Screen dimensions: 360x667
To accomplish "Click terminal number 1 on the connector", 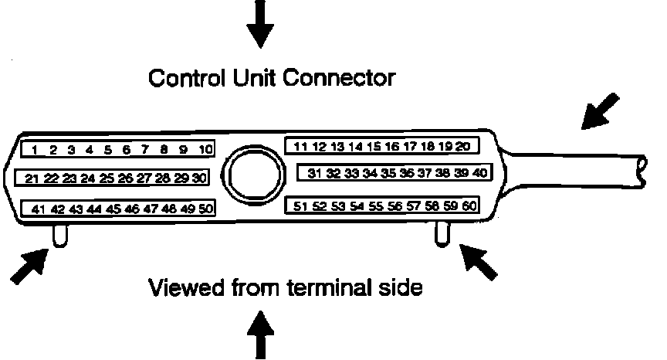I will [36, 149].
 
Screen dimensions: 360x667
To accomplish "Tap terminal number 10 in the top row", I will [204, 149].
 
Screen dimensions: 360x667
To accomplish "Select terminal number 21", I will [32, 178].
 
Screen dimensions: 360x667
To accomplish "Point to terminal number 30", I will [200, 178].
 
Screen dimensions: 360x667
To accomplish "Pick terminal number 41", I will [38, 209].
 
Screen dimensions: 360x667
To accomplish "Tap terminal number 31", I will [313, 173].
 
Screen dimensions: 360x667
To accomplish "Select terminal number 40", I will [479, 173].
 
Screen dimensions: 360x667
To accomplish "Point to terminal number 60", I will [469, 205].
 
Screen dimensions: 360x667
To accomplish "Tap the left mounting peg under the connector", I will [61, 235].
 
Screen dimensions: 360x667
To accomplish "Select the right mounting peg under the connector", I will [443, 233].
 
